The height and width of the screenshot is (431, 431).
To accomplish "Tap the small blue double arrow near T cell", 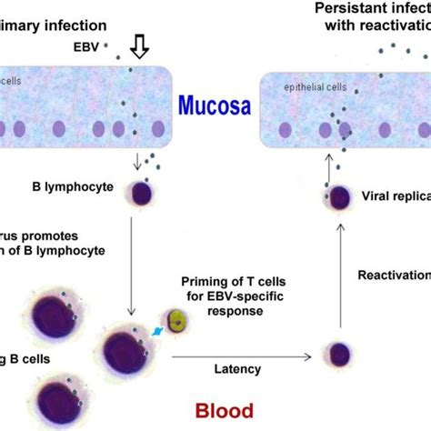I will click(157, 333).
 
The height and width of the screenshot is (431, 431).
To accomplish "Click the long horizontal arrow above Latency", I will click(241, 354).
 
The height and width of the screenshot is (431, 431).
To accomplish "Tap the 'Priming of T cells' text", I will click(218, 283).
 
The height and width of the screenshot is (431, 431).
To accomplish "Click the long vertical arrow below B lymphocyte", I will click(133, 264).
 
